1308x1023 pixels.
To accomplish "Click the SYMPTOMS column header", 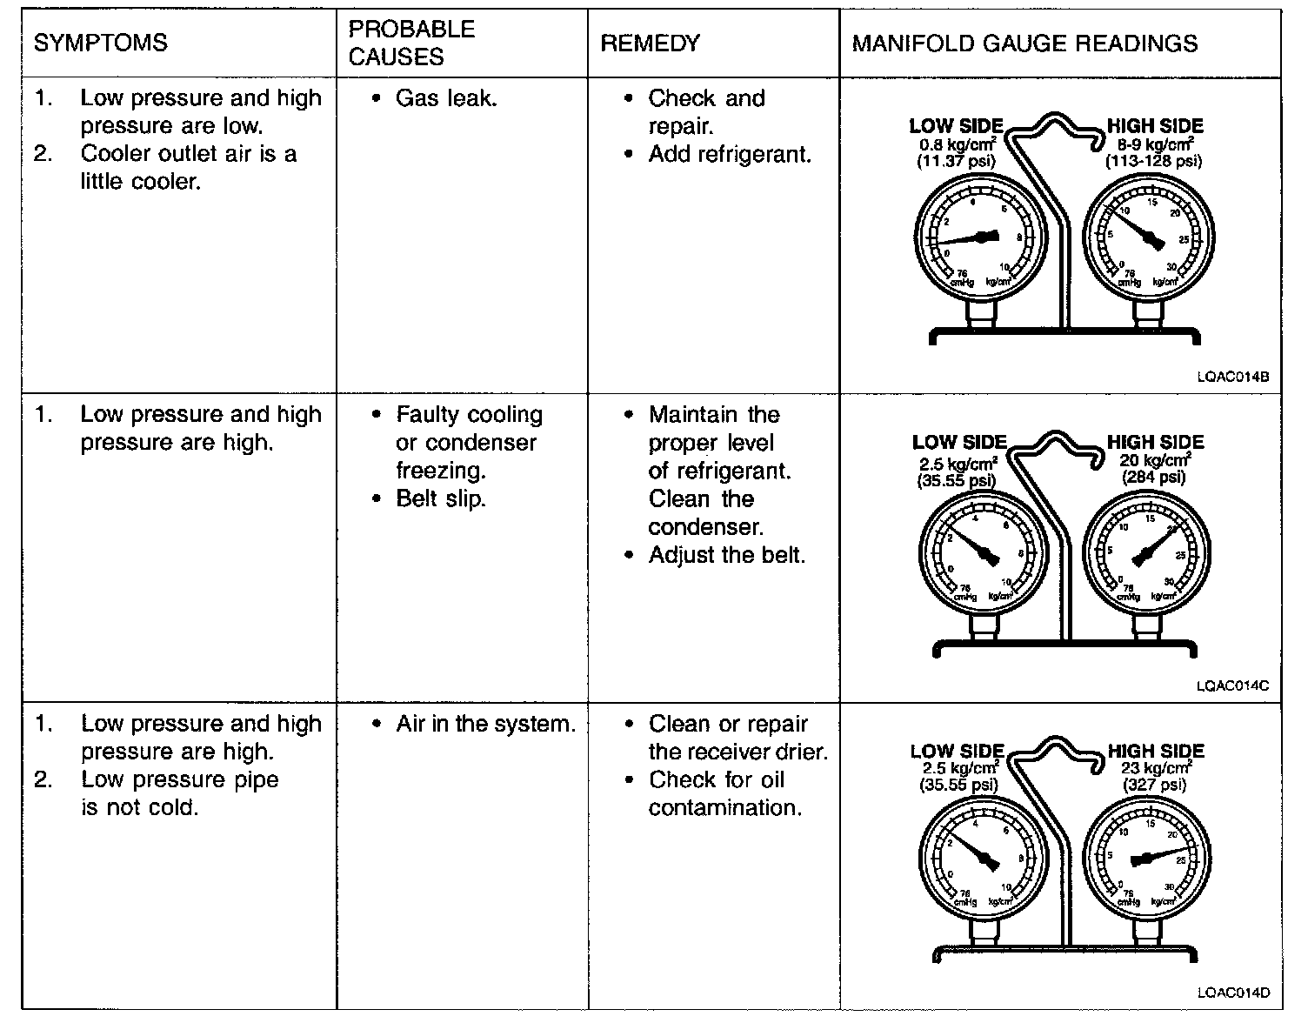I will [x=100, y=43].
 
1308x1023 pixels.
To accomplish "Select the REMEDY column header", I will [x=650, y=43].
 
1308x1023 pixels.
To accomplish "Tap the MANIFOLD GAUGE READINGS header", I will [x=1024, y=43].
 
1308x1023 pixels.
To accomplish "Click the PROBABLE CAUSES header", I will [x=411, y=43].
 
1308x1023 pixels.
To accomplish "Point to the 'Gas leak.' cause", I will [x=445, y=98].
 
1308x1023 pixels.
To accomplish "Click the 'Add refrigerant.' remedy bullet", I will [x=729, y=155].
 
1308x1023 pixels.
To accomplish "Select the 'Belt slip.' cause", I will [x=440, y=499].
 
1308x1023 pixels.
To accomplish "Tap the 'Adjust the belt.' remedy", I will [x=726, y=555].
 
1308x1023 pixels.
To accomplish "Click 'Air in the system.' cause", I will [x=485, y=724].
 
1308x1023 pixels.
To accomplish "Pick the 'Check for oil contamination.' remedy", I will [x=724, y=793].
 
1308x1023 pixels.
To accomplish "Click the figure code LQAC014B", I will [x=1232, y=377].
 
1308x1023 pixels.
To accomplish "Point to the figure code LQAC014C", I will [x=1232, y=685].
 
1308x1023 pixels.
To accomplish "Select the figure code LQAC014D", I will [x=1232, y=993].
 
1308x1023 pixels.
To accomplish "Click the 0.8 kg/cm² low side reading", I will [x=957, y=144].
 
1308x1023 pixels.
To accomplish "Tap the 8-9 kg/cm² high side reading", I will [x=1154, y=144].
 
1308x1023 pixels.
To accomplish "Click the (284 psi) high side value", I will [x=1154, y=477].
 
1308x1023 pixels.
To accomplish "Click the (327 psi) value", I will [x=1155, y=785].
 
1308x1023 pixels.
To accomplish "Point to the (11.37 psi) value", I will [x=957, y=161].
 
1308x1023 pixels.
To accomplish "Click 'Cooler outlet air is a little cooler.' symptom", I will [x=188, y=168].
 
